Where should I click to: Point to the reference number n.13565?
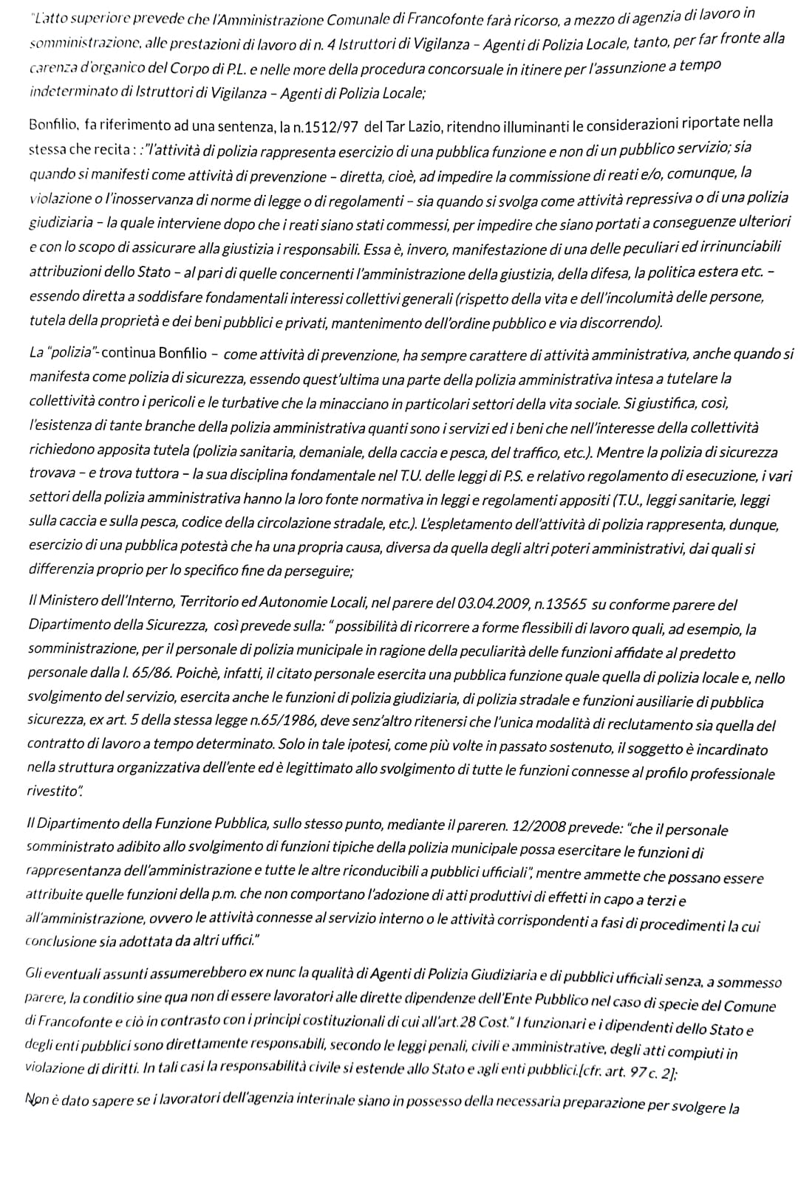pos(560,603)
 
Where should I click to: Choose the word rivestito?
pos(53,790)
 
